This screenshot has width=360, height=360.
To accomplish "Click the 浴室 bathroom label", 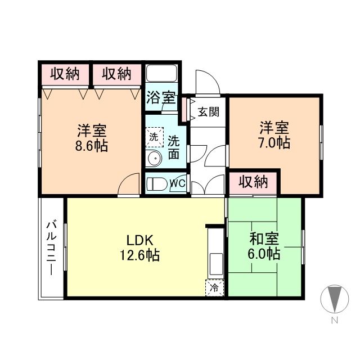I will pyautogui.click(x=161, y=97).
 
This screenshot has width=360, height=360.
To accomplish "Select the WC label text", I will pyautogui.click(x=178, y=183).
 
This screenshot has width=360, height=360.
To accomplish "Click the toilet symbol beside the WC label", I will pyautogui.click(x=157, y=183).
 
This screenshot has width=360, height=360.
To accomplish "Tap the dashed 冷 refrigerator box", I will pyautogui.click(x=214, y=287).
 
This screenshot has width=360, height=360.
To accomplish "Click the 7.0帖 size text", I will pyautogui.click(x=274, y=142).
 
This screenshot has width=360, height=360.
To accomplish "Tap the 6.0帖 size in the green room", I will pyautogui.click(x=264, y=254).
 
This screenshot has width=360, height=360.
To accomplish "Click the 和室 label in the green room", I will pyautogui.click(x=264, y=238).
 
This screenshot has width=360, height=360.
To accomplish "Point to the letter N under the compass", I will pyautogui.click(x=334, y=321).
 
